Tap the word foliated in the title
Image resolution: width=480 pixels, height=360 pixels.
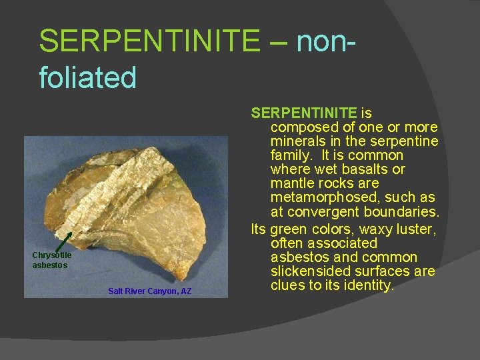click(x=87, y=77)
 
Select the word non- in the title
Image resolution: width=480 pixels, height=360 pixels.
click(x=323, y=41)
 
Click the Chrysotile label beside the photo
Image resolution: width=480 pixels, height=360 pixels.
click(x=52, y=255)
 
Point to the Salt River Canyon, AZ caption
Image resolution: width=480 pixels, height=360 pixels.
click(x=149, y=291)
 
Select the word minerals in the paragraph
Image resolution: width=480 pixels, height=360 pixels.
click(x=297, y=141)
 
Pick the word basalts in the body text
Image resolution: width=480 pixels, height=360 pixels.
click(x=378, y=169)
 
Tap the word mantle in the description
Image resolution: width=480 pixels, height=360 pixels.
click(x=291, y=183)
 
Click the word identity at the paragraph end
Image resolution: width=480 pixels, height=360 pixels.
click(x=368, y=286)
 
